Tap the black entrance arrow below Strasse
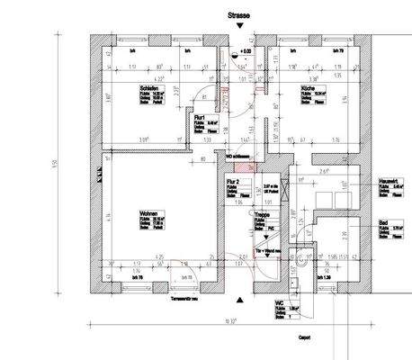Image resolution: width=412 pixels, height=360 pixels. (238, 28)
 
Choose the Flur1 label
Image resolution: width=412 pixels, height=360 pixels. (202, 117)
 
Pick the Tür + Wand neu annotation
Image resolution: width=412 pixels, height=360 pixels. (269, 251)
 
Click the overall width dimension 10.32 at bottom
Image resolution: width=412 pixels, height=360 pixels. (231, 320)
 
